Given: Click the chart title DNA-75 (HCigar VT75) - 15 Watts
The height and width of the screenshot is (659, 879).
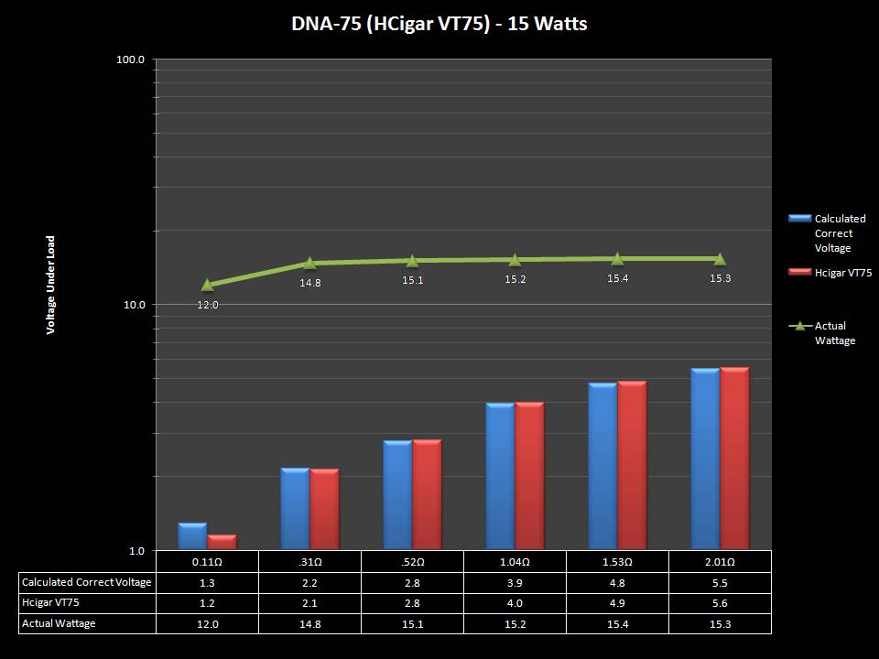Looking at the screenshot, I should click(439, 24).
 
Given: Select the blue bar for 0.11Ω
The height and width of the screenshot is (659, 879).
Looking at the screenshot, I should click(192, 536).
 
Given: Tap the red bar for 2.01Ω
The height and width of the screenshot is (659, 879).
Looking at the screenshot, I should click(734, 459).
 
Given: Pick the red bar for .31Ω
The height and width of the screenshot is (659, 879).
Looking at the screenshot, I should click(324, 509).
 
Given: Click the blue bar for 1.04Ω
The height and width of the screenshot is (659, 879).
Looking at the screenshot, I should click(500, 476).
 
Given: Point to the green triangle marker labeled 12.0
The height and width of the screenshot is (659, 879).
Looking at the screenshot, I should click(208, 286).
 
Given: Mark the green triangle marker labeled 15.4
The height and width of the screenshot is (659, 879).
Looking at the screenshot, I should click(617, 259).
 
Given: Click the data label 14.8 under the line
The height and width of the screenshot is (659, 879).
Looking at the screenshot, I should click(310, 283).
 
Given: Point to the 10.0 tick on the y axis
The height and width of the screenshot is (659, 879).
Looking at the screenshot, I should click(136, 305).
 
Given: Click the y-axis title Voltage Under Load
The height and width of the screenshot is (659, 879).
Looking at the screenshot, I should click(51, 285).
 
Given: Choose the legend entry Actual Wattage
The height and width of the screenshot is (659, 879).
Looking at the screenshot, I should click(834, 333).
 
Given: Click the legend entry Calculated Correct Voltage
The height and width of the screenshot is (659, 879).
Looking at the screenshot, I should click(839, 233).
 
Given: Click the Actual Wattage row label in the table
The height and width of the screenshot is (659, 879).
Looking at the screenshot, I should click(59, 623).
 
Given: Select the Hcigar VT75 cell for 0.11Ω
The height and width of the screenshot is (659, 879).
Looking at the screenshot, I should click(207, 603).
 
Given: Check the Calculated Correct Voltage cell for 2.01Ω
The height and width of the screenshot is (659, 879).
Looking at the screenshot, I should click(720, 582).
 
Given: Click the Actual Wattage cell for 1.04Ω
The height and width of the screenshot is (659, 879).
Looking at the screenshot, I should click(515, 624).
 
